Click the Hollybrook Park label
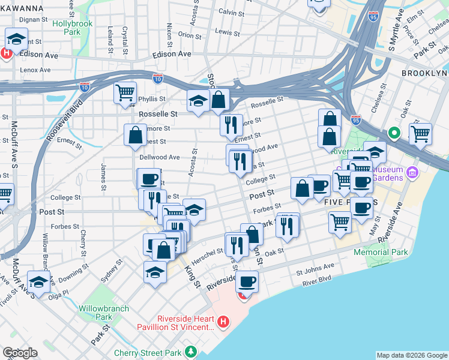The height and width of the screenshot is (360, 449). click(x=74, y=27)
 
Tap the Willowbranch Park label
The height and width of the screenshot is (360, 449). click(x=95, y=312)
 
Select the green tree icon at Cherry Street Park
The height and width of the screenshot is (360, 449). click(x=191, y=350)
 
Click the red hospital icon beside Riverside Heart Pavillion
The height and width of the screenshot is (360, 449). click(x=223, y=323)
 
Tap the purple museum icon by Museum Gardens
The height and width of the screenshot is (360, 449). click(x=412, y=173)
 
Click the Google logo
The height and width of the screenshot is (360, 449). click(x=20, y=353)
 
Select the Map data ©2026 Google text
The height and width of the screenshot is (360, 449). click(x=411, y=355)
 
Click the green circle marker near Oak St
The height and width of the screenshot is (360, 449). click(x=394, y=133)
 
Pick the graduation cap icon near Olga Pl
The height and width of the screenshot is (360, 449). click(x=39, y=282)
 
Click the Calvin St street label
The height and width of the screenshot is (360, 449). click(x=231, y=12)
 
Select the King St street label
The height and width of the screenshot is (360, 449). click(x=193, y=275)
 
